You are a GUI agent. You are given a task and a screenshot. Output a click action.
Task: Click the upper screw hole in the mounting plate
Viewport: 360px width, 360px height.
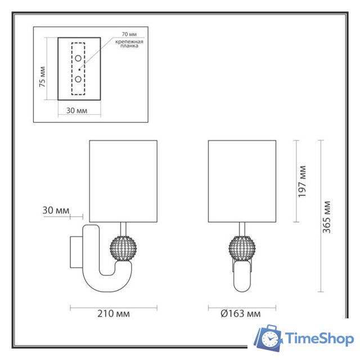pos(78,58)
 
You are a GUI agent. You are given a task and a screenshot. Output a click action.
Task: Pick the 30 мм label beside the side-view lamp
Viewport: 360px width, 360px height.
pos(56,210)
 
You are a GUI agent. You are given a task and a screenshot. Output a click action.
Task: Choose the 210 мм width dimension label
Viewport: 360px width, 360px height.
pos(113,313)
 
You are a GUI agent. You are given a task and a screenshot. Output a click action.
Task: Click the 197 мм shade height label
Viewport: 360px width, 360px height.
pos(302,181)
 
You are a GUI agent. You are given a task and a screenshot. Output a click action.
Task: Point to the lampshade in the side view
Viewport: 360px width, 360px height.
pos(123,181)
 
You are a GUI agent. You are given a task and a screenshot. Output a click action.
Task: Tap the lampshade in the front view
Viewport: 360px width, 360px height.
pos(242,181)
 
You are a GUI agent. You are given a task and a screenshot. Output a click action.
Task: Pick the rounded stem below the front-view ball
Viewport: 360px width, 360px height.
pos(242,278)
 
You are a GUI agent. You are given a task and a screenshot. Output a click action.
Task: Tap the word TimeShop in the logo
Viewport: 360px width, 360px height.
pos(318,339)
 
